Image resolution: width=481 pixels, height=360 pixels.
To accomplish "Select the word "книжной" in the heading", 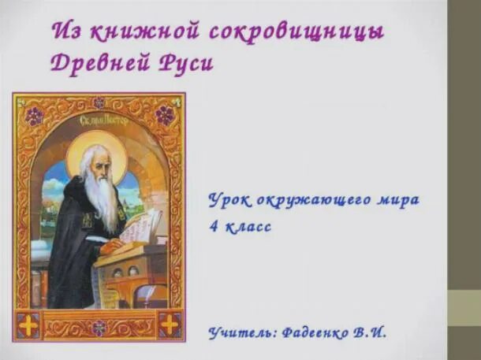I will (x=144, y=32).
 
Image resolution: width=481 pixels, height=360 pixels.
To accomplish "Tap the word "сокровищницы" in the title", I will (x=297, y=32).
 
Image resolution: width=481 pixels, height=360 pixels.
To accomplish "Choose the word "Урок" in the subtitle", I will (x=229, y=199).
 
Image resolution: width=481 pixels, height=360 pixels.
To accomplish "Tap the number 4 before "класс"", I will (x=214, y=227).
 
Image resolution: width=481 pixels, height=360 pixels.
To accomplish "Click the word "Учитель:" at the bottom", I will (x=242, y=332).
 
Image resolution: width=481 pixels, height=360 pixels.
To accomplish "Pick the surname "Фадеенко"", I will (x=318, y=332).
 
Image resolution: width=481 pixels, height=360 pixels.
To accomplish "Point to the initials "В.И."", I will (x=371, y=332).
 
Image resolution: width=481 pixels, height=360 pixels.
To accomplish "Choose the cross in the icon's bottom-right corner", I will (x=169, y=324).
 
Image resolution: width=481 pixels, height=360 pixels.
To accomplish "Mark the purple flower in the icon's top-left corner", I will (x=33, y=115).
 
